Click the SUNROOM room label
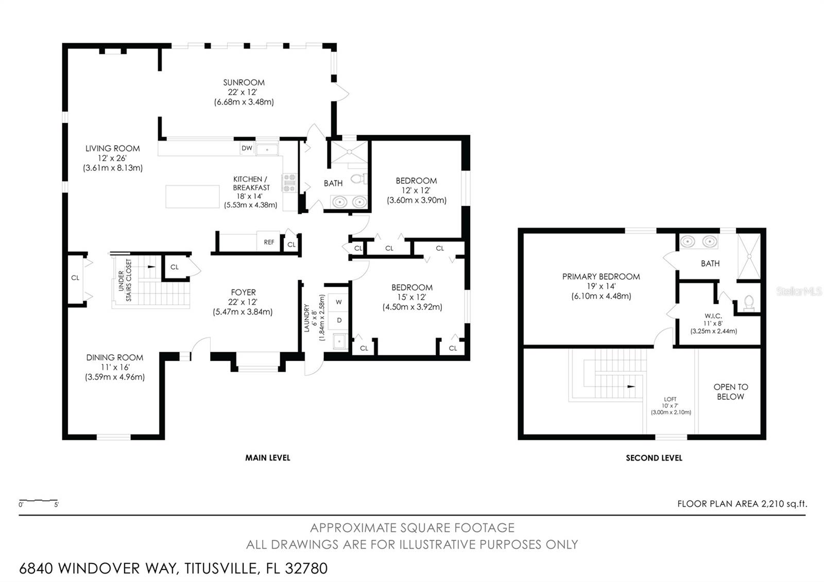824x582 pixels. click(244, 82)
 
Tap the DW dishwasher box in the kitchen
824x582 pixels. click(247, 148)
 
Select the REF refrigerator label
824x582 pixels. click(269, 242)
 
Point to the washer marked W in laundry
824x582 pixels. click(339, 302)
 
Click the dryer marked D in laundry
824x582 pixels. click(339, 320)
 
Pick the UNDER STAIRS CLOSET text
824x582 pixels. click(125, 280)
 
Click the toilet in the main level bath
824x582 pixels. click(358, 179)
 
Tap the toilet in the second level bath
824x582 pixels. click(749, 303)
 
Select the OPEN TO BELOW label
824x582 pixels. click(731, 392)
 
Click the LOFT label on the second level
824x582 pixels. click(670, 399)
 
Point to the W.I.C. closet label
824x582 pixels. click(713, 316)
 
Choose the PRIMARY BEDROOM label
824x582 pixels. click(601, 277)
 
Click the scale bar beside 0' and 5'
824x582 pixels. click(38, 501)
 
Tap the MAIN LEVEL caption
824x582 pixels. click(268, 458)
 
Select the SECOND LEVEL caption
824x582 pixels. click(654, 458)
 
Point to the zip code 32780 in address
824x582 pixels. click(306, 569)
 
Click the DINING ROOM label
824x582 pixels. click(115, 357)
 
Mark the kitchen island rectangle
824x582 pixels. click(193, 197)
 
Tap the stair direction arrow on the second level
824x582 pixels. click(631, 386)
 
